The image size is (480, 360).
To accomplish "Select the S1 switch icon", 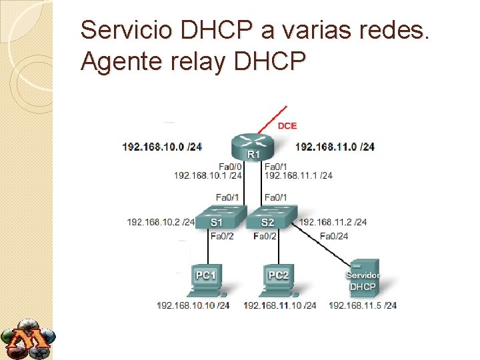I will tap(217, 219).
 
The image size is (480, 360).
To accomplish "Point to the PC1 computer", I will tap(207, 279).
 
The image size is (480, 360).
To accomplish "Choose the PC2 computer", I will tap(279, 279).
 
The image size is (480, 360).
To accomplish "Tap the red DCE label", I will tap(287, 125).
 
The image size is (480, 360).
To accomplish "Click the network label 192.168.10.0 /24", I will tap(162, 146).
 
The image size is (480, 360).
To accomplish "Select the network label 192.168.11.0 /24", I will tap(335, 146).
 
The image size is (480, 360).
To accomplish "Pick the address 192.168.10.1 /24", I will tap(207, 175).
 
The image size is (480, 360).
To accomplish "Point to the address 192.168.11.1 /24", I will tap(299, 175).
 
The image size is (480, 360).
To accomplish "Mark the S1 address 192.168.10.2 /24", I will tap(161, 222).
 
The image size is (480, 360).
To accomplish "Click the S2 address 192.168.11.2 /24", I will tap(333, 222).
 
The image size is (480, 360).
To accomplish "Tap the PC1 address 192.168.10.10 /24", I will tap(193, 305).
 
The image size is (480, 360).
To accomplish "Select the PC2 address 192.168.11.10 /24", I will tap(280, 305).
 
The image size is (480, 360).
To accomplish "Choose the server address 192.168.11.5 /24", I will tap(363, 305).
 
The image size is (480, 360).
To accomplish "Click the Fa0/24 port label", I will tap(334, 235).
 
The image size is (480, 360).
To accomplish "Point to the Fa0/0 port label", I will tap(230, 166).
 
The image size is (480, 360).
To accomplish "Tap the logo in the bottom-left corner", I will tap(28, 340).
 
